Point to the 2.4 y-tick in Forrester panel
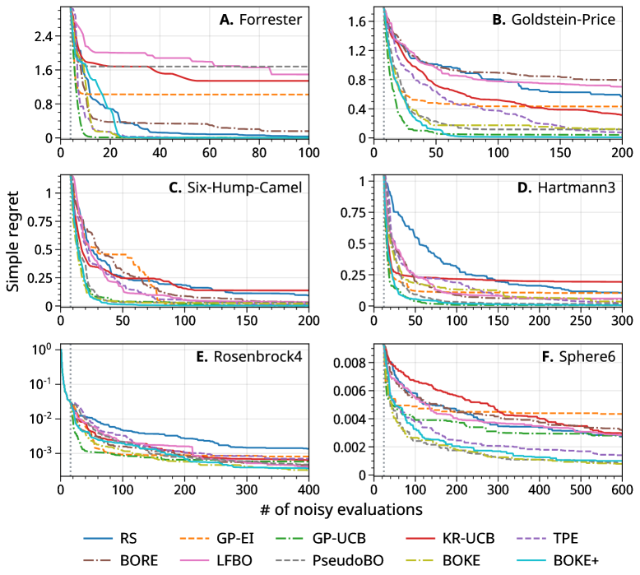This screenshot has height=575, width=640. point(42,36)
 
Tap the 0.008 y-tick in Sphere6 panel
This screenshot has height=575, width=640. point(355,362)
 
